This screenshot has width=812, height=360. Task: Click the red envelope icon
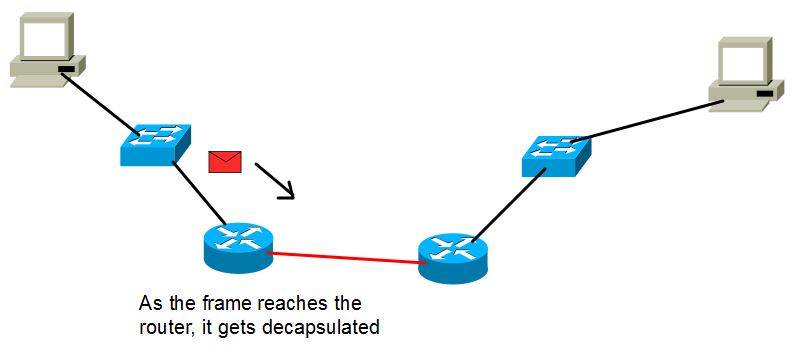(225, 162)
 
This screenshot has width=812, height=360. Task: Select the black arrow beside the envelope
(274, 181)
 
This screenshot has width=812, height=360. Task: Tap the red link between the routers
(346, 258)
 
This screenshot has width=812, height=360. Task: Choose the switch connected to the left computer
(155, 145)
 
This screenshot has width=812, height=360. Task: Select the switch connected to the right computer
(557, 156)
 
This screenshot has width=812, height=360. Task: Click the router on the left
(238, 248)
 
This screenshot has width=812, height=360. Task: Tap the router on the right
(453, 258)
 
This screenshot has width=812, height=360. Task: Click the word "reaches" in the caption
(296, 303)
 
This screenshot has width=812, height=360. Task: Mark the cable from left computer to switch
(100, 104)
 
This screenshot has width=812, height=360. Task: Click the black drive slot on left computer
(66, 69)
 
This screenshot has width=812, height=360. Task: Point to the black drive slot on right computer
(765, 94)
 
